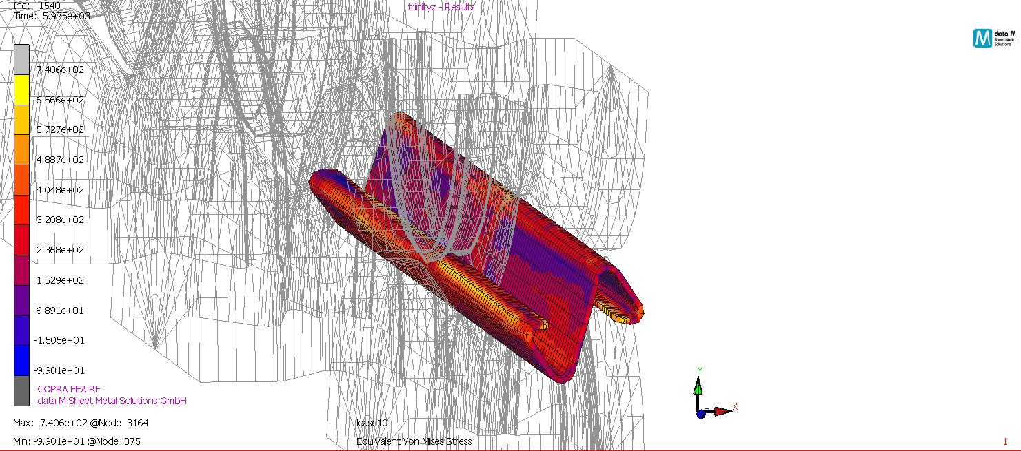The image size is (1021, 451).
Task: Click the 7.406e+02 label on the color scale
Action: tap(60, 70)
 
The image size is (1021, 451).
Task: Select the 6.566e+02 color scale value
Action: tap(60, 100)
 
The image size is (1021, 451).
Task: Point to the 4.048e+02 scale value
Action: tap(60, 189)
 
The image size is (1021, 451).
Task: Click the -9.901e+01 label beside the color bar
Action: tap(60, 370)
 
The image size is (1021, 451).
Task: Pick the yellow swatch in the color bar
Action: tap(21, 90)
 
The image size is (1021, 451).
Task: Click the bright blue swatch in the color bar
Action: tap(21, 361)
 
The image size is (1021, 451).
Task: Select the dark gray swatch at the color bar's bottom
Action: tap(21, 390)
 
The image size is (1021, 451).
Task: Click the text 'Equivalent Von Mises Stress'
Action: tap(414, 441)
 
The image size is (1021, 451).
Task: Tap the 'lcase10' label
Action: tap(372, 423)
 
